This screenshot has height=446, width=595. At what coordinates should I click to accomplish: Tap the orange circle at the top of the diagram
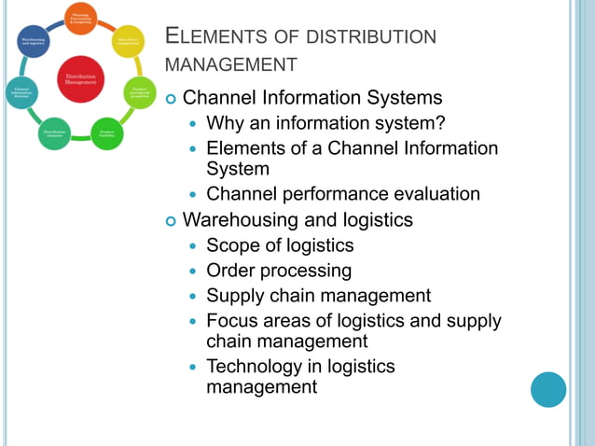(x=80, y=19)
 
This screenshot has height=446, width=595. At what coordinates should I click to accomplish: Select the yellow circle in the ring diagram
(x=129, y=41)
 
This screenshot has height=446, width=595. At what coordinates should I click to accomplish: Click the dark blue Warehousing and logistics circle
(x=34, y=41)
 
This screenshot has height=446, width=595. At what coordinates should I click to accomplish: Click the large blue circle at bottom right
(x=548, y=389)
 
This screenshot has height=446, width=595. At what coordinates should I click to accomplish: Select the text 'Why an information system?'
(x=325, y=122)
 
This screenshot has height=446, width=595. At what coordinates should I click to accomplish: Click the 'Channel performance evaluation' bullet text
(x=342, y=194)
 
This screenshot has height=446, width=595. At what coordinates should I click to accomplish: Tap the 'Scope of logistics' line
(x=280, y=245)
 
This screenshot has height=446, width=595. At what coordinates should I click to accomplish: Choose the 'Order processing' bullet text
(x=279, y=271)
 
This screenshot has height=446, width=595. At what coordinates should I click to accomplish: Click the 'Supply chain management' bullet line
(x=318, y=296)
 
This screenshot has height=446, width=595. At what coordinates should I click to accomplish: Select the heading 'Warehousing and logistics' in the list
(x=297, y=220)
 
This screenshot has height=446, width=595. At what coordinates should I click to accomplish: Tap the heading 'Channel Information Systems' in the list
(x=312, y=97)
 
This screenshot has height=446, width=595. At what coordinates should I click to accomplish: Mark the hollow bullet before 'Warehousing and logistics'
(x=170, y=221)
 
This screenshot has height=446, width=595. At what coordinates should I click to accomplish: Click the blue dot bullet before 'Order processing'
(x=194, y=272)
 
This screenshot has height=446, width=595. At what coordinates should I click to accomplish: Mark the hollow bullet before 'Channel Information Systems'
(x=170, y=98)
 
